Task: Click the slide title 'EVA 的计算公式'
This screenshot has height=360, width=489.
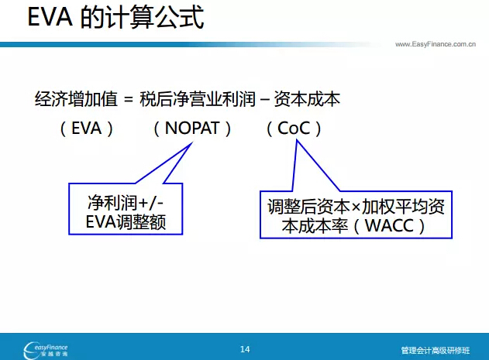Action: [x=115, y=18]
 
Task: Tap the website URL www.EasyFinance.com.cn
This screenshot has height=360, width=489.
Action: [x=436, y=44]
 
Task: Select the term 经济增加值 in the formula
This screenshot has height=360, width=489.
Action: [x=76, y=99]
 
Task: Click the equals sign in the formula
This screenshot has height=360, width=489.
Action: [x=128, y=100]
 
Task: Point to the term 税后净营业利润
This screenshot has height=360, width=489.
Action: [x=198, y=99]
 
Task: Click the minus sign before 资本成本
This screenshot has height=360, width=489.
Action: [x=264, y=100]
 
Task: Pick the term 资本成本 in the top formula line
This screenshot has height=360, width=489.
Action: [x=307, y=99]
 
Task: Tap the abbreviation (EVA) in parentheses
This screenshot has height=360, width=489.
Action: [x=86, y=129]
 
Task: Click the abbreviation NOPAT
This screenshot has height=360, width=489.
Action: [x=192, y=128]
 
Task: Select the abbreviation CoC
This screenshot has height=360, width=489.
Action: [x=294, y=128]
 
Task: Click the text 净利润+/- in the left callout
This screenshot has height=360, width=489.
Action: [x=126, y=203]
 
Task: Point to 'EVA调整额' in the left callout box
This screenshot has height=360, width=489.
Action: [x=126, y=222]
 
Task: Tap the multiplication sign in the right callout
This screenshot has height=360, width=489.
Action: [x=356, y=207]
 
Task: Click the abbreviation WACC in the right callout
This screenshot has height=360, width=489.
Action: [x=390, y=225]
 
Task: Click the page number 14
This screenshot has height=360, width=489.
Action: [x=245, y=349]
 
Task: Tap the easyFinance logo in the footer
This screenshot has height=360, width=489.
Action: [x=46, y=350]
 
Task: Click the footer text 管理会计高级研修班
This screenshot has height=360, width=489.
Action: [x=436, y=351]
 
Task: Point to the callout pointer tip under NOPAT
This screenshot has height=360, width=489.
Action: [x=192, y=142]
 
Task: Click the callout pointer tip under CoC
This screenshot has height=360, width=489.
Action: [x=297, y=140]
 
